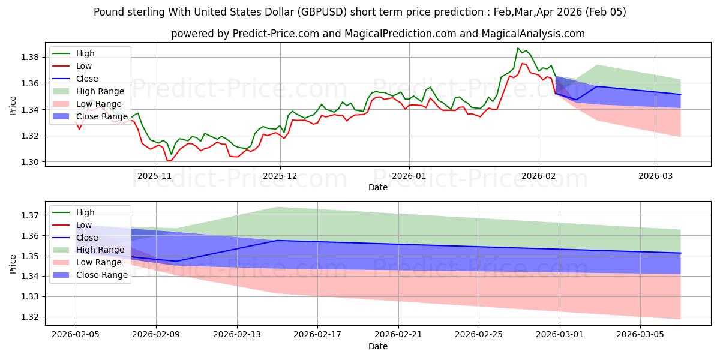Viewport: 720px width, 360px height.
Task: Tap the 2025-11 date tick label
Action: [x=155, y=176]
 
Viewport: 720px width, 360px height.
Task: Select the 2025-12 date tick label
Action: [x=280, y=176]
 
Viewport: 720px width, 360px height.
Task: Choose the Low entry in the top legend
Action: [x=84, y=66]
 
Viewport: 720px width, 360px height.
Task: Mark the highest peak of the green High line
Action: [x=518, y=48]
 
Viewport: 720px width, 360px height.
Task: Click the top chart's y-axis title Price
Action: [x=13, y=106]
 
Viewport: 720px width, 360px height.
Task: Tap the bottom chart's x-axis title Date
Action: [x=378, y=346]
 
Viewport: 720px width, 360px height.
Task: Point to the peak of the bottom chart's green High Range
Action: [x=277, y=207]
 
